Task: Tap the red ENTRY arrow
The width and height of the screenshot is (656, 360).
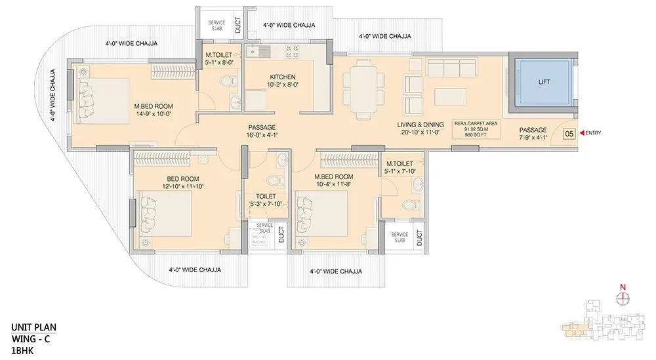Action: click(x=580, y=133)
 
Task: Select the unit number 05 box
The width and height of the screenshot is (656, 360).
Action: click(x=569, y=133)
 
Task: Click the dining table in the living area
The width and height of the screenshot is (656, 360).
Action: click(x=362, y=89)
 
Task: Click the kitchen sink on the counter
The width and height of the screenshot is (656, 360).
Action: click(x=253, y=50)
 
